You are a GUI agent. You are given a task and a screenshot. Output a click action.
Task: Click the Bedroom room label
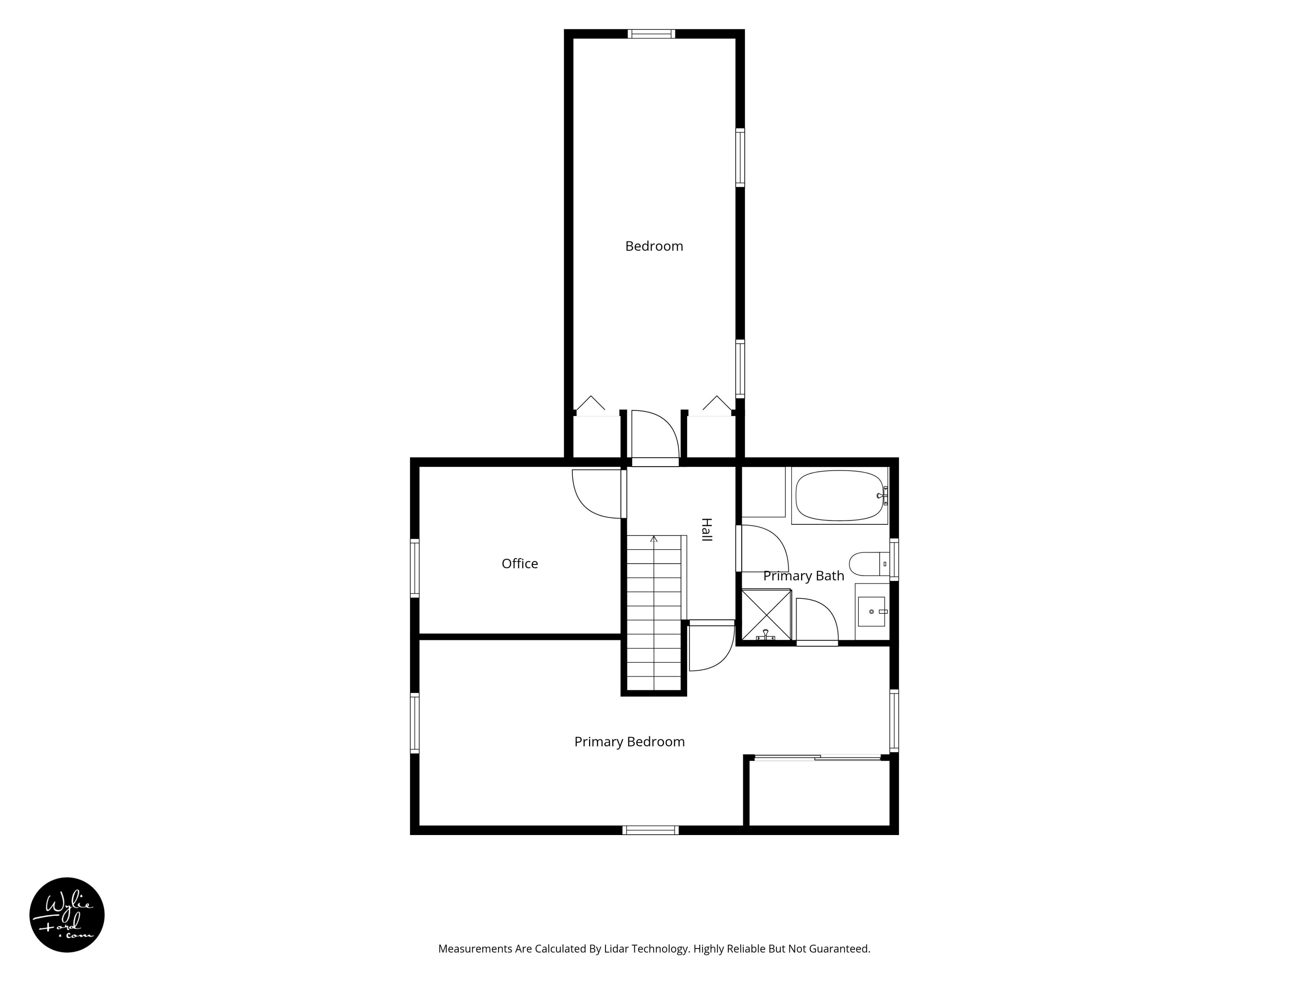(x=654, y=246)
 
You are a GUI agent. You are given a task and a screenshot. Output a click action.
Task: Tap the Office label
(x=520, y=564)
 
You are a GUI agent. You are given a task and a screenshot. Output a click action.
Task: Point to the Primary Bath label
(x=803, y=576)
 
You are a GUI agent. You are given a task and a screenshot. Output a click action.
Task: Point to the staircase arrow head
(x=654, y=539)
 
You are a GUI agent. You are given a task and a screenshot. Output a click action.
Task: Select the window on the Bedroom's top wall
(x=651, y=34)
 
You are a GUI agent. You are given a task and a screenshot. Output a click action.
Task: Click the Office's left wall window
(x=415, y=568)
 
